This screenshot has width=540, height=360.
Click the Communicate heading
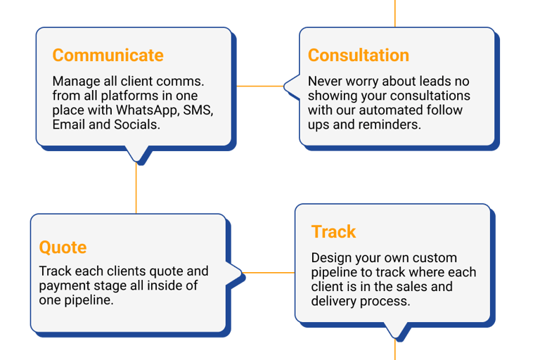[x=108, y=56]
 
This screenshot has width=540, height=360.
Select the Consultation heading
[x=359, y=56]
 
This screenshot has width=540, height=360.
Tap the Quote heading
[x=63, y=247]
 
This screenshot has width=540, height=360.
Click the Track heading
[x=334, y=232]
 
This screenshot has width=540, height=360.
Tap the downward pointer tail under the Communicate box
[x=136, y=153]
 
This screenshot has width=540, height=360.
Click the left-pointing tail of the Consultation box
[x=290, y=86]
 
